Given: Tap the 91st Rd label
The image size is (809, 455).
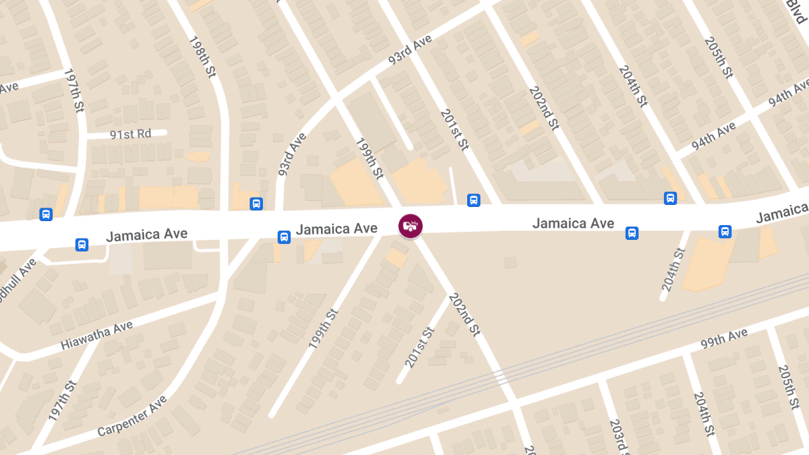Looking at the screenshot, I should (x=130, y=134).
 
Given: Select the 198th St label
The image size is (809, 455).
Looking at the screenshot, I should (x=202, y=57).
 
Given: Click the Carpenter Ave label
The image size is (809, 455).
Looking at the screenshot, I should (x=131, y=416).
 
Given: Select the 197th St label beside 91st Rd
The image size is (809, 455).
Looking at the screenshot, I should (x=74, y=90).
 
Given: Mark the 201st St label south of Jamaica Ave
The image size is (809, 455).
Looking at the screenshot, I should (x=419, y=346).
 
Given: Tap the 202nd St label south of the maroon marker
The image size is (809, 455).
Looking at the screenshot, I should (x=463, y=314).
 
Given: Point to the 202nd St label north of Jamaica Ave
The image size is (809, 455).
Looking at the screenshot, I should (x=544, y=108).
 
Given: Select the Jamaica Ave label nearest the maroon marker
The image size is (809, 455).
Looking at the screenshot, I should (x=336, y=229).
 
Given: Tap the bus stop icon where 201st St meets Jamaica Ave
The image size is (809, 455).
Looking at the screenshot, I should (x=474, y=200).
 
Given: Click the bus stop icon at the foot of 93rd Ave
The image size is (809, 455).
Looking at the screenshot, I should (x=256, y=204).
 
